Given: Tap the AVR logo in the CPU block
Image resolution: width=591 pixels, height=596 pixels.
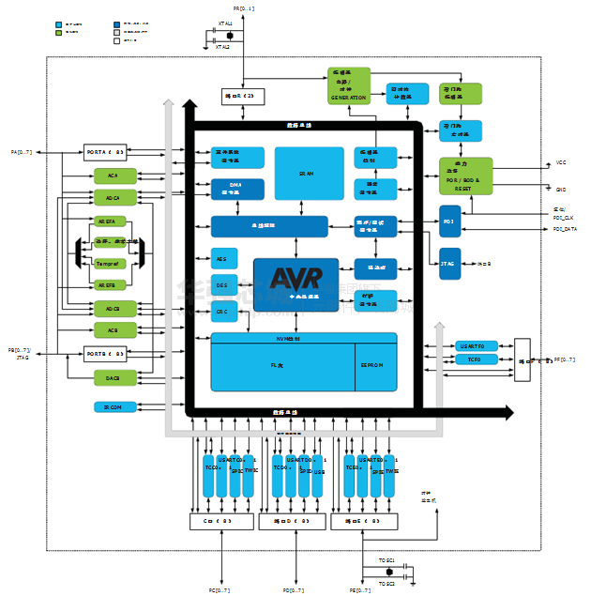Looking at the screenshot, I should pyautogui.click(x=295, y=278).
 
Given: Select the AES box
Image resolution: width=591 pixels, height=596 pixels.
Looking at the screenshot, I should pyautogui.click(x=221, y=259).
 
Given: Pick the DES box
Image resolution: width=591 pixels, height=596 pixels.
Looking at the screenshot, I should pyautogui.click(x=221, y=284).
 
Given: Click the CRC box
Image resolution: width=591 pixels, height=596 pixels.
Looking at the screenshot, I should pyautogui.click(x=221, y=311).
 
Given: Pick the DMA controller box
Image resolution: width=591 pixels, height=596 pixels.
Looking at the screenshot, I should pyautogui.click(x=236, y=189).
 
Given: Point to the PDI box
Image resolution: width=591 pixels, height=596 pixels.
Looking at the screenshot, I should pyautogui.click(x=448, y=222).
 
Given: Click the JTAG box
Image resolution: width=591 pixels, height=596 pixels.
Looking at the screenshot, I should pyautogui.click(x=448, y=264).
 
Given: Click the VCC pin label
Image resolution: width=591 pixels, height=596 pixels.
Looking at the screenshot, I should pyautogui.click(x=561, y=162).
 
